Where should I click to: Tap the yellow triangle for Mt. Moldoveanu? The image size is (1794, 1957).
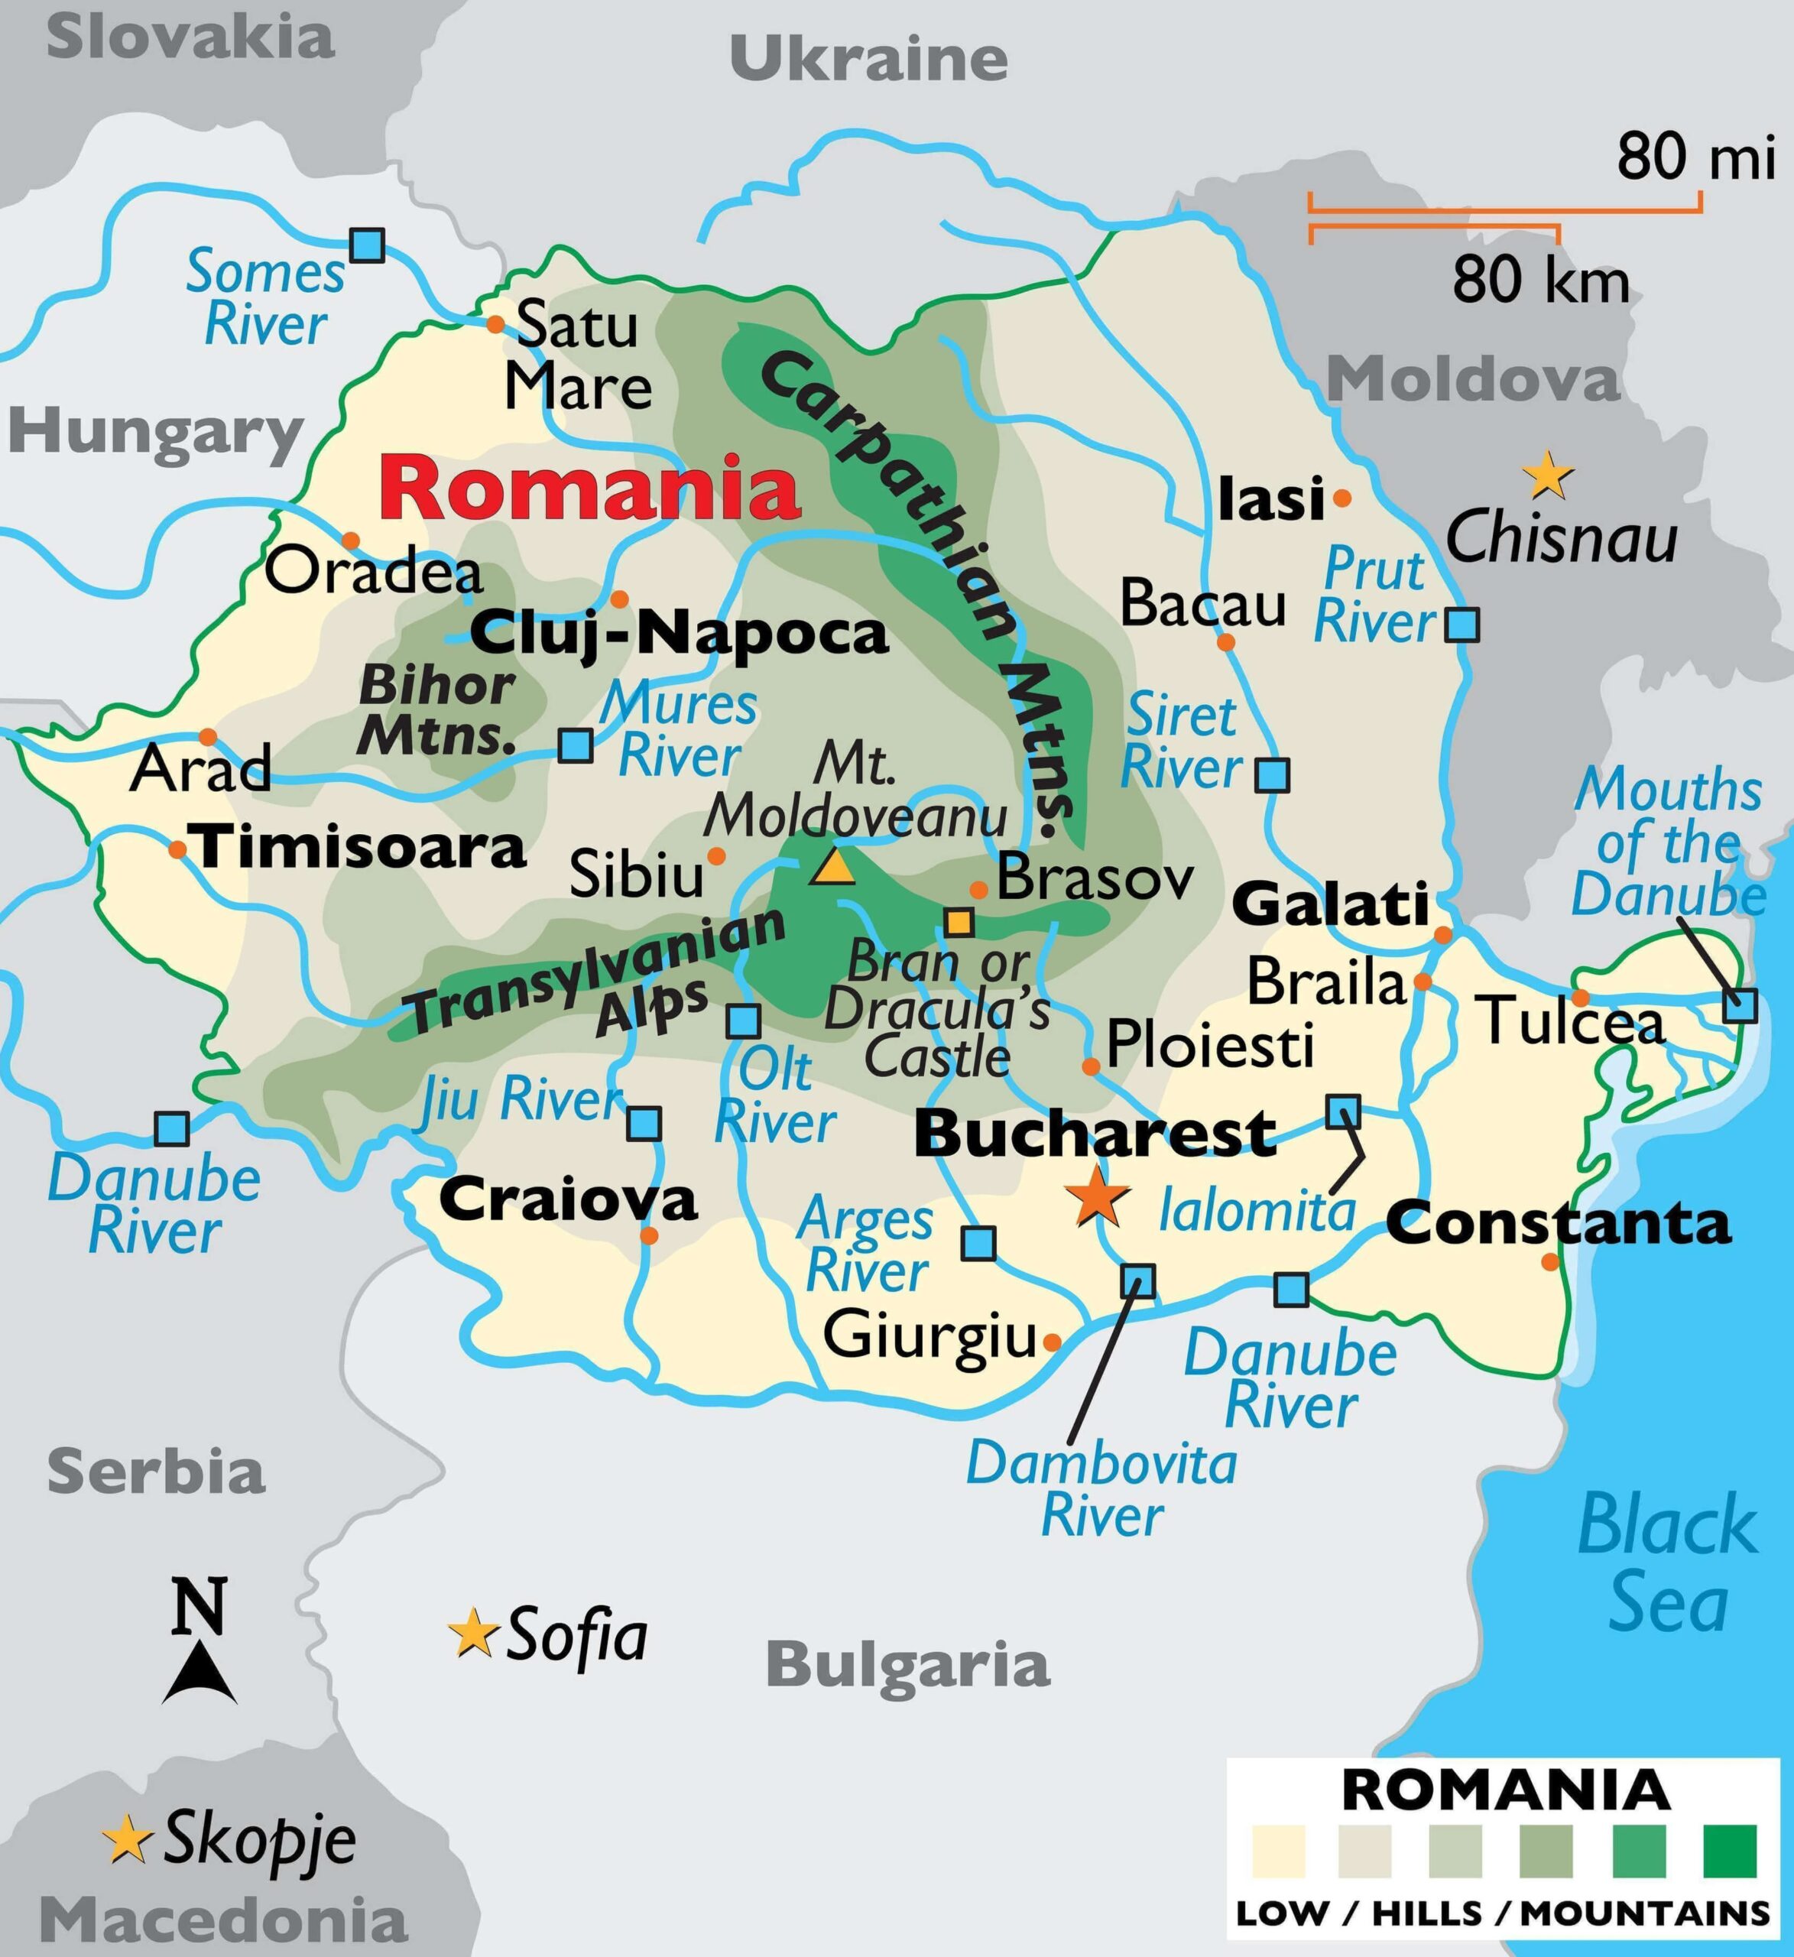(x=833, y=868)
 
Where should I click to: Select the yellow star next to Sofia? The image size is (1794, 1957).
(x=474, y=1634)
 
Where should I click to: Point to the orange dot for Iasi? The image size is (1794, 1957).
(x=1341, y=498)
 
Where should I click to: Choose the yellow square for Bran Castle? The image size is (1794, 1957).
(x=959, y=921)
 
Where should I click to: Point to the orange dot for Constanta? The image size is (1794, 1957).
(x=1550, y=1262)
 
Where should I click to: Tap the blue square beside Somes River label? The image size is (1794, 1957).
(x=366, y=245)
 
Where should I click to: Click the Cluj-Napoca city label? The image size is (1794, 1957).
(x=679, y=634)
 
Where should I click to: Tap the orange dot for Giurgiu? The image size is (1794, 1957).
(x=1051, y=1342)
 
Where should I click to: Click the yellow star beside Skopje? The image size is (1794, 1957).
(x=127, y=1839)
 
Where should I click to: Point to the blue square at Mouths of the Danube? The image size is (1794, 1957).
(x=1740, y=1004)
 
